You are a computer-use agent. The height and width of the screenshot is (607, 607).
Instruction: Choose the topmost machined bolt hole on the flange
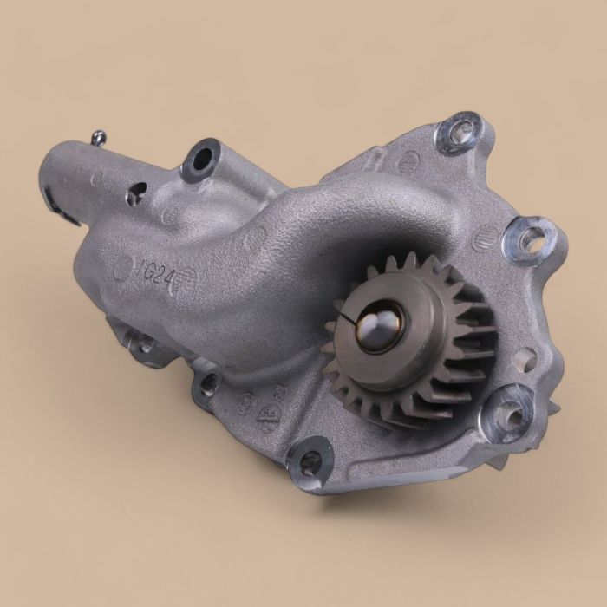458,133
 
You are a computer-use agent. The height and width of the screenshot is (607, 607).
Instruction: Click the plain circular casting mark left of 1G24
122,269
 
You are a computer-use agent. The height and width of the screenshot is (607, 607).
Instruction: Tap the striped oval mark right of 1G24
188,279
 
